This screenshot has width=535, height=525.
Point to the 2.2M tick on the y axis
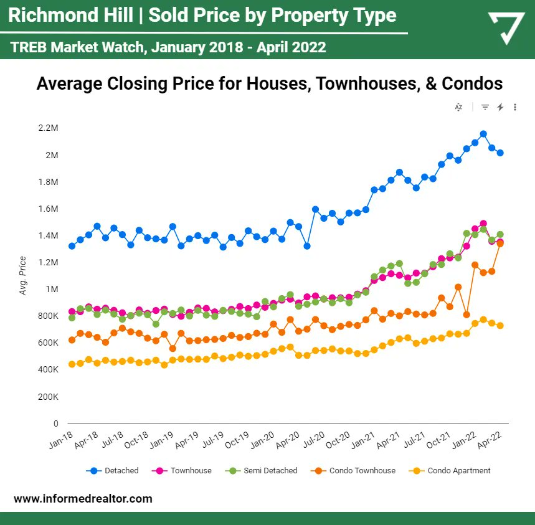(48, 128)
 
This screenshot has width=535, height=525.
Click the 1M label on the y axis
(52, 289)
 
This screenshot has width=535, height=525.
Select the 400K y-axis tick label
(48, 369)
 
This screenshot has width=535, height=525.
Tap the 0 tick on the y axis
(55, 423)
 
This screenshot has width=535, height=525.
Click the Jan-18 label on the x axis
(61, 442)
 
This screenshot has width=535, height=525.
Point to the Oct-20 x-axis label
(338, 442)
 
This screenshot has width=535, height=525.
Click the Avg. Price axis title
(24, 275)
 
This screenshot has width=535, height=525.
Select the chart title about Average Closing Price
(269, 83)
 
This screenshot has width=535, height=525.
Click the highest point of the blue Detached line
(483, 134)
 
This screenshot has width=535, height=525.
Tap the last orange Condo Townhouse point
(500, 244)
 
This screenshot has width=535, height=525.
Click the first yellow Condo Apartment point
(72, 364)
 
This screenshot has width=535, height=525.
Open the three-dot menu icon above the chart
(515, 107)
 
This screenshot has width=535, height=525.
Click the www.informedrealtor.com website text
(83, 499)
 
